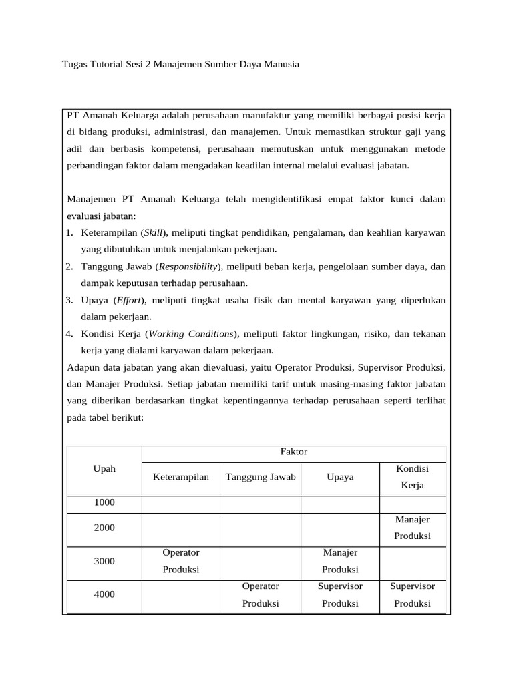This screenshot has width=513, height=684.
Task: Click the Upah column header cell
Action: pyautogui.click(x=104, y=468)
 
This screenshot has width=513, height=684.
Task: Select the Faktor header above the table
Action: pyautogui.click(x=293, y=452)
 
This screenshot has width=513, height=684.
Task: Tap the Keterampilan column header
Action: pyautogui.click(x=181, y=477)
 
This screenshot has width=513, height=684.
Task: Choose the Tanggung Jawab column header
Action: pyautogui.click(x=261, y=477)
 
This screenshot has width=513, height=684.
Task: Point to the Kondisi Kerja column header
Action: pyautogui.click(x=412, y=476)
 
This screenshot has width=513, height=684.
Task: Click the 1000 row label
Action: pyautogui.click(x=104, y=502)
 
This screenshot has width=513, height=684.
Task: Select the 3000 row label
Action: pyautogui.click(x=104, y=561)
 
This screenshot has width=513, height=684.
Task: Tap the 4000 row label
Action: pyautogui.click(x=104, y=594)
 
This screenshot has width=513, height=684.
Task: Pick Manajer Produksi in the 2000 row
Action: pyautogui.click(x=412, y=527)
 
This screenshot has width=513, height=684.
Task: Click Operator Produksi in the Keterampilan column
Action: pyautogui.click(x=181, y=561)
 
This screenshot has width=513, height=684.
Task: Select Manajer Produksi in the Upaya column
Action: pyautogui.click(x=340, y=561)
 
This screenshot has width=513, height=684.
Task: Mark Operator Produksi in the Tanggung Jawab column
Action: pyautogui.click(x=261, y=594)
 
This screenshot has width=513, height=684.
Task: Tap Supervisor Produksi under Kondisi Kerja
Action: pyautogui.click(x=412, y=594)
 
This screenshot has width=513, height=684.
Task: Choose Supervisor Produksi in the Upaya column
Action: pyautogui.click(x=340, y=594)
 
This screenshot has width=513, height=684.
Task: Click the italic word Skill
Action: pyautogui.click(x=154, y=232)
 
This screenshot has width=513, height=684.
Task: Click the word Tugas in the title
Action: pyautogui.click(x=74, y=65)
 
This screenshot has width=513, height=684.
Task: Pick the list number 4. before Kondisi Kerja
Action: pyautogui.click(x=69, y=333)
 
